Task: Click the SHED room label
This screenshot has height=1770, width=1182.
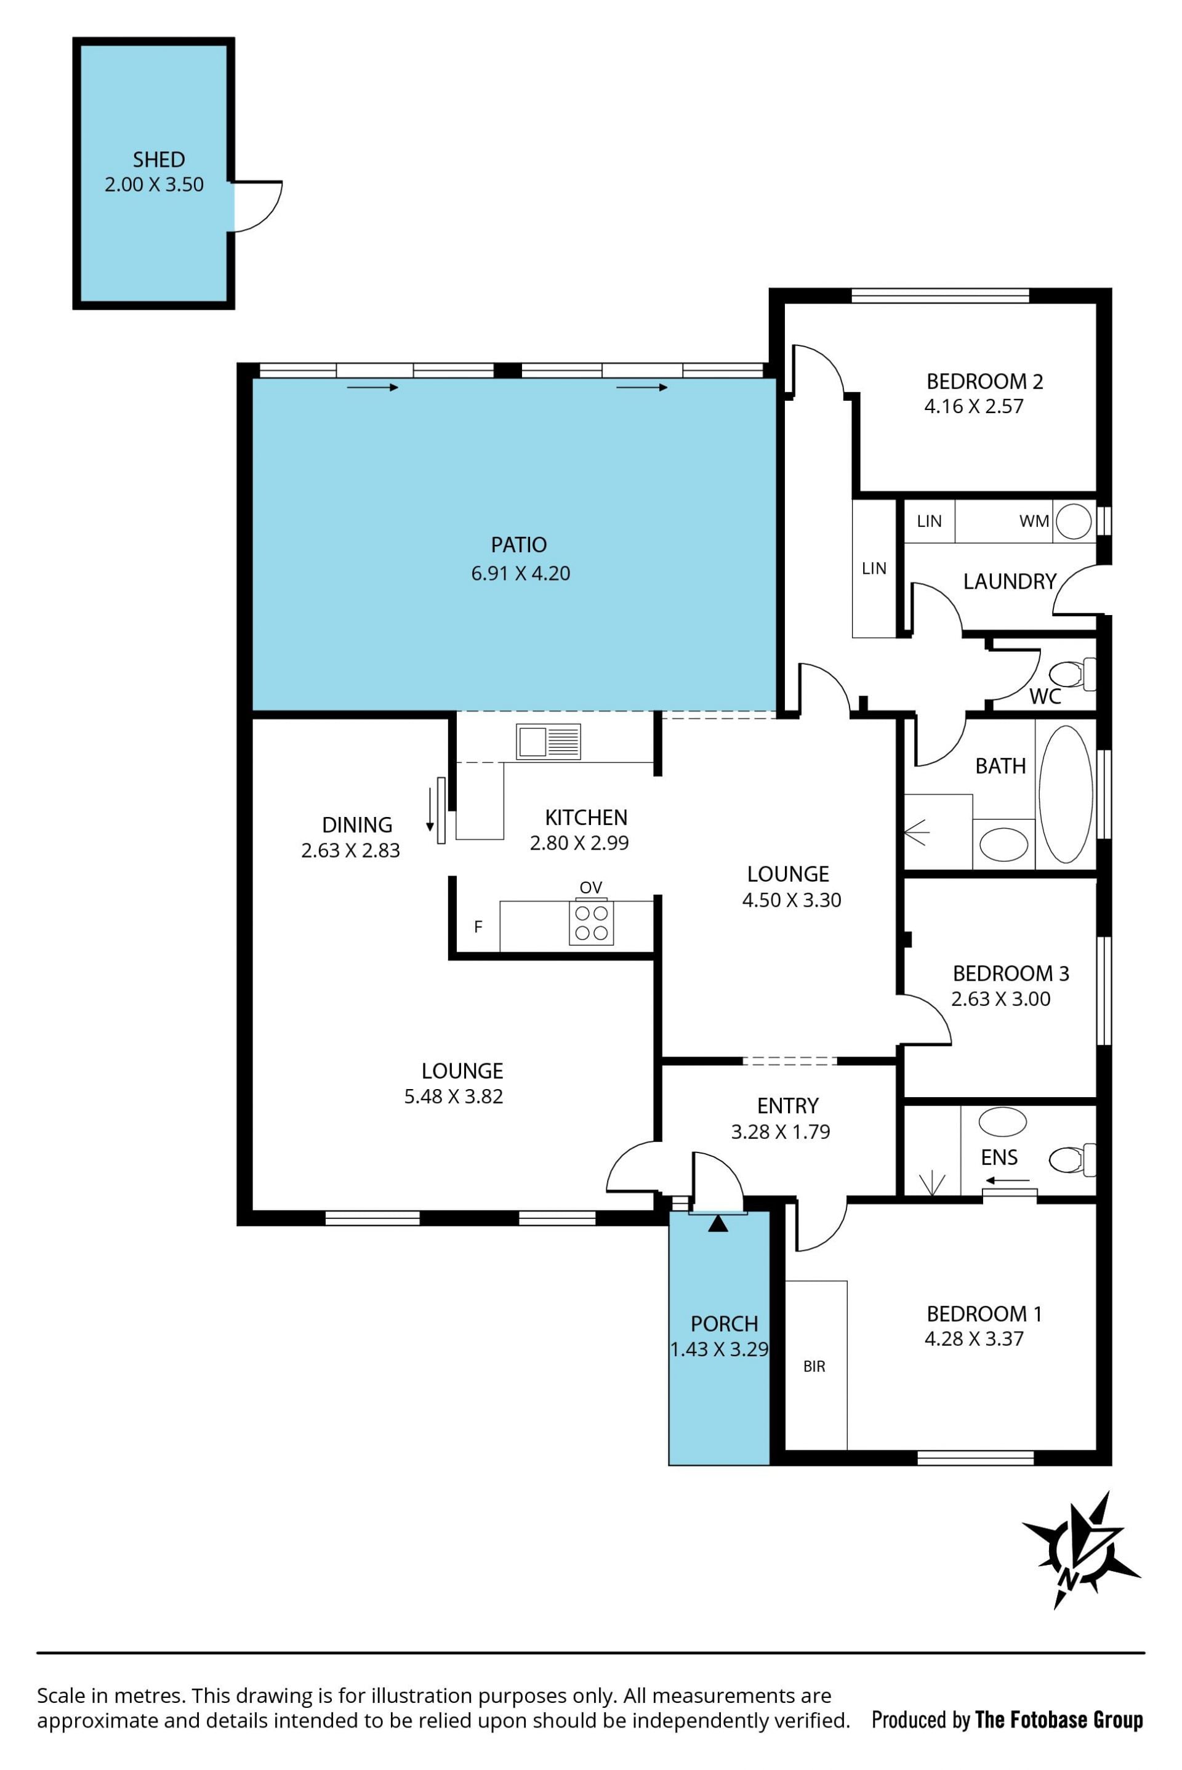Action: click(x=158, y=160)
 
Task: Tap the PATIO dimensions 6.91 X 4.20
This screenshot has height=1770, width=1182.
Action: click(x=520, y=574)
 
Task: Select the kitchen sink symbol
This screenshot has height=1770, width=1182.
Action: click(x=548, y=742)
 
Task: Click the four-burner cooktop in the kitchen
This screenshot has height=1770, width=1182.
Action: click(x=591, y=923)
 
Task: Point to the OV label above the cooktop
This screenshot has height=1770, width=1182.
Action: click(x=591, y=887)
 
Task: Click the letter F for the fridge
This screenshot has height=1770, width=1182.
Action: click(x=478, y=927)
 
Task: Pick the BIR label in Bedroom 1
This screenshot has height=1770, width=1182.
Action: click(x=814, y=1367)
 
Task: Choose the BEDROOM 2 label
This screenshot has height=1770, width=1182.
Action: click(x=984, y=382)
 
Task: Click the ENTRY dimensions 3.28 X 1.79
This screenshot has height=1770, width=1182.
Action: click(x=780, y=1132)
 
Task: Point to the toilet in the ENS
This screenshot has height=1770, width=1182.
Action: click(x=1072, y=1159)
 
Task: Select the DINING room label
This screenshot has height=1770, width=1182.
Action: click(x=356, y=825)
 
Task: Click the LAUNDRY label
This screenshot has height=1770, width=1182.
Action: click(x=1010, y=581)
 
